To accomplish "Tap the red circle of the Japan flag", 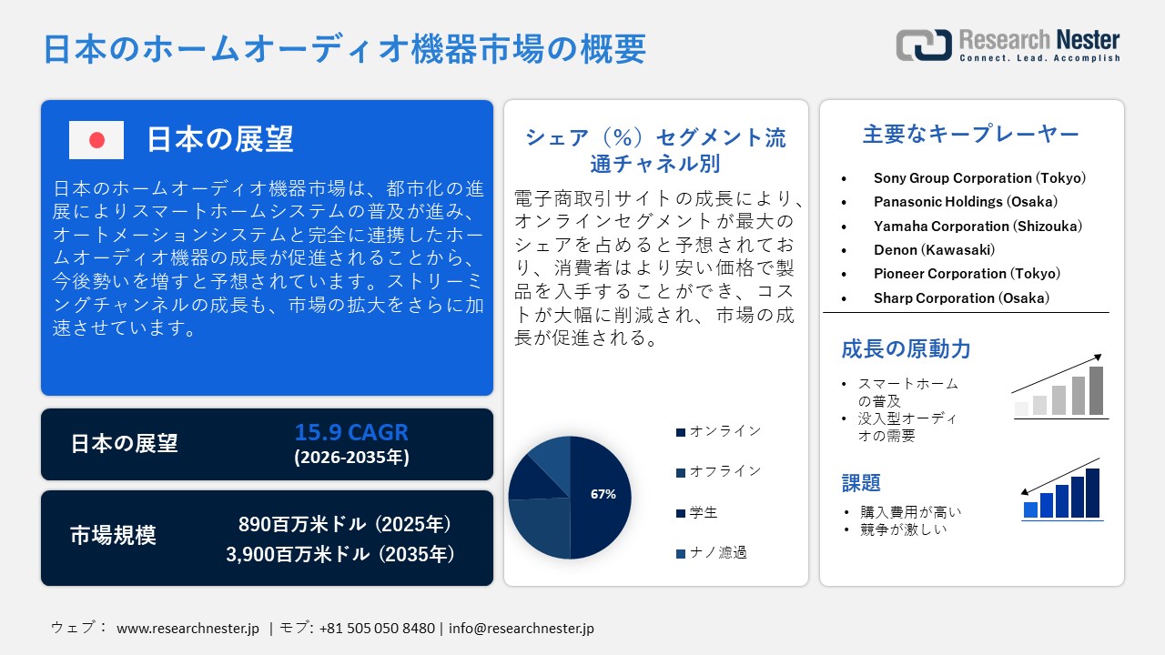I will tap(96, 140).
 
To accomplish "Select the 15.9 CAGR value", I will tap(351, 432).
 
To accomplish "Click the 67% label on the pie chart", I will tap(603, 494).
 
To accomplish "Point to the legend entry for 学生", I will tap(704, 512).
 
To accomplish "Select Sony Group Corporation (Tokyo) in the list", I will tap(979, 178).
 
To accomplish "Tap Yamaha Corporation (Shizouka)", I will tap(978, 226).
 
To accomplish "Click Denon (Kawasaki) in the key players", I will tap(934, 249).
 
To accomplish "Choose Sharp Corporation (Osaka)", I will tap(961, 297).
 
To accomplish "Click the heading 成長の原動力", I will tap(906, 349).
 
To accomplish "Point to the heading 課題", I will tap(861, 483).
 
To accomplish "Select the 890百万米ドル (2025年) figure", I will tap(345, 525).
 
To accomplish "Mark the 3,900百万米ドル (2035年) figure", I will tap(339, 554).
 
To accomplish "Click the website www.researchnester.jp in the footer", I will tap(188, 628).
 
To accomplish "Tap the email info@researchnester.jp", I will tap(522, 628).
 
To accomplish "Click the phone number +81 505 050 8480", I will tap(377, 628).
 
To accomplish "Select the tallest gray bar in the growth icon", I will tap(1096, 390).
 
